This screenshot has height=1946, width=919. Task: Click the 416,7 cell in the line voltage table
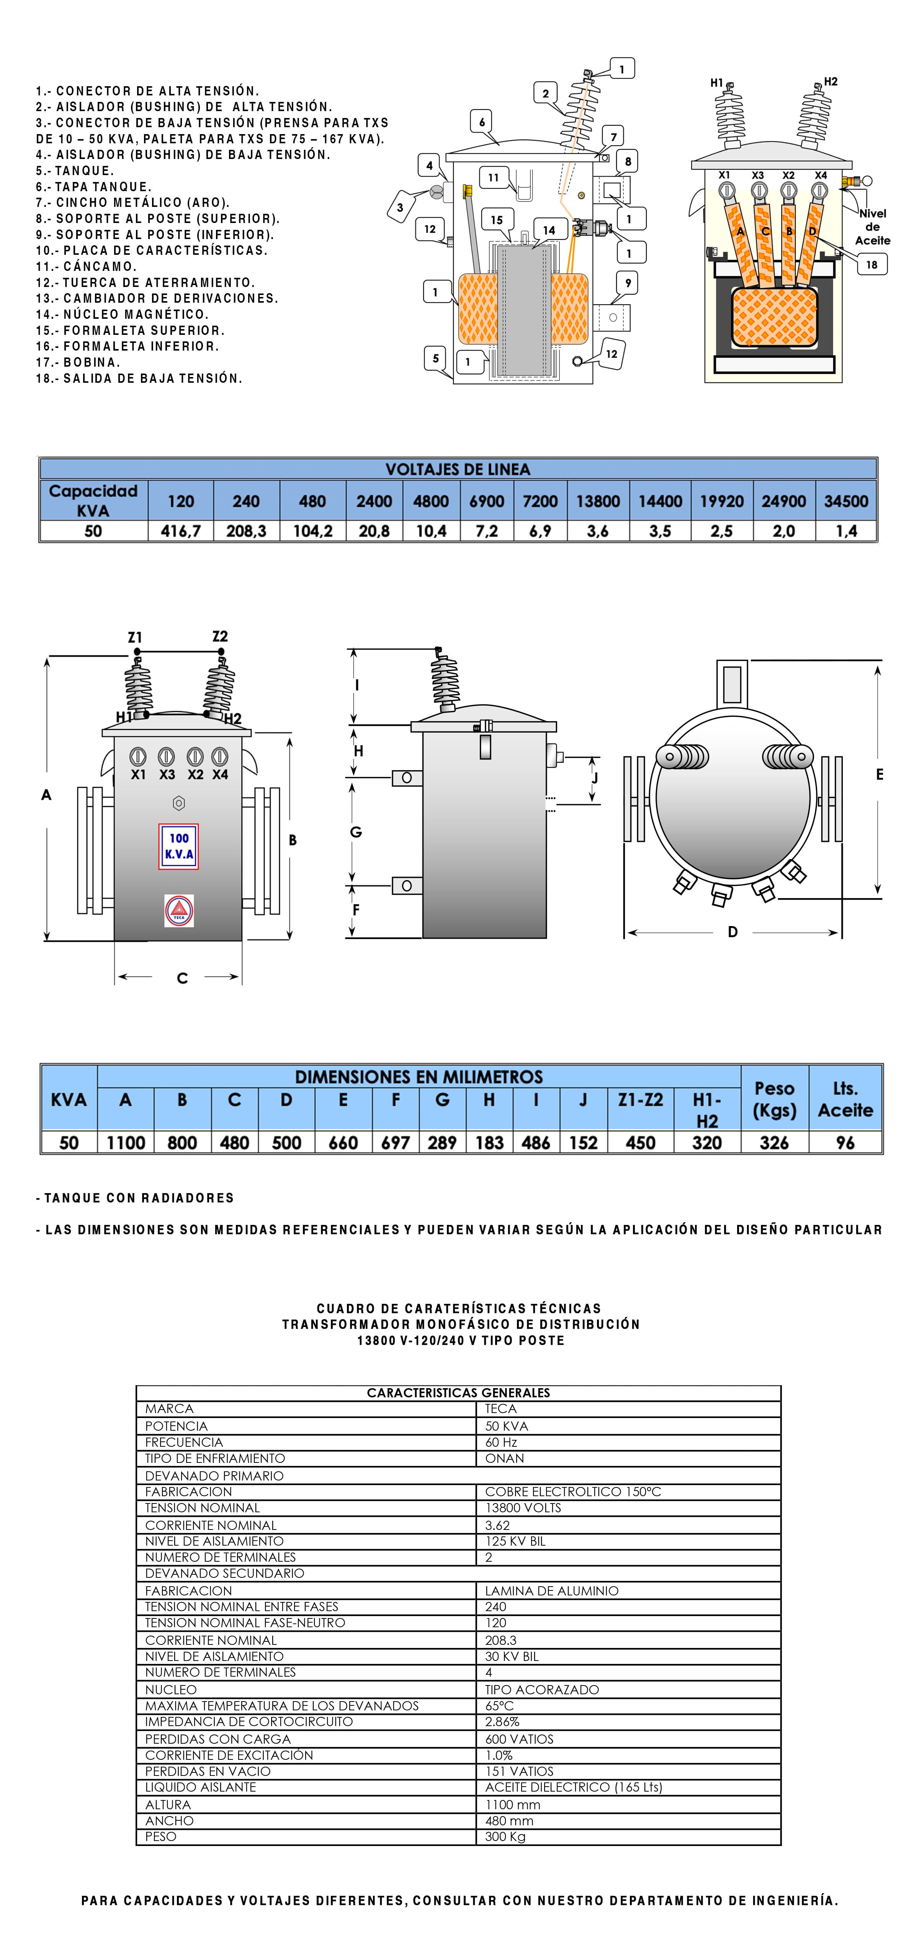tap(180, 531)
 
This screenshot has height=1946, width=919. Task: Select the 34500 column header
tap(846, 501)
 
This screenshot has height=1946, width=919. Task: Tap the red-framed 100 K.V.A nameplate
tap(179, 846)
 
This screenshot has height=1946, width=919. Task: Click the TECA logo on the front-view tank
tap(179, 910)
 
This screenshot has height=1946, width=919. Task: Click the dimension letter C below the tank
tap(182, 978)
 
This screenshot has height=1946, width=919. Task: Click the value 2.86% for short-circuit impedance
tap(502, 1721)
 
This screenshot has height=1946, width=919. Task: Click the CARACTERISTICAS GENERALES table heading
tap(458, 1392)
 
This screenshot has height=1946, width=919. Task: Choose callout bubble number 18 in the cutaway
tap(872, 264)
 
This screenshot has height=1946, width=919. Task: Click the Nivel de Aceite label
tap(872, 226)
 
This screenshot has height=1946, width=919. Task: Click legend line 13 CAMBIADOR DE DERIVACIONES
tap(157, 298)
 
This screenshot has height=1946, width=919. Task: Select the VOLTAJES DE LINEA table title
tap(458, 469)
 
